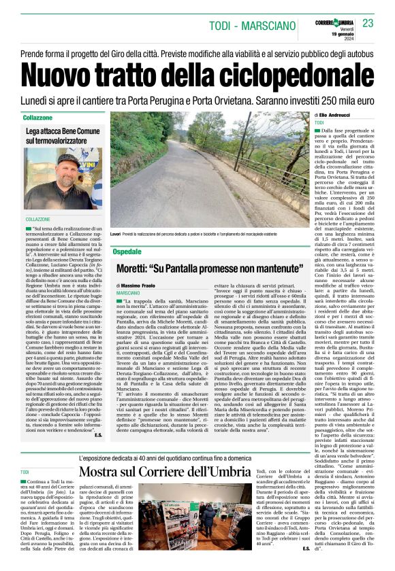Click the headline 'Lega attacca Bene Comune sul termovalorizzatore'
tap(63, 135)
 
